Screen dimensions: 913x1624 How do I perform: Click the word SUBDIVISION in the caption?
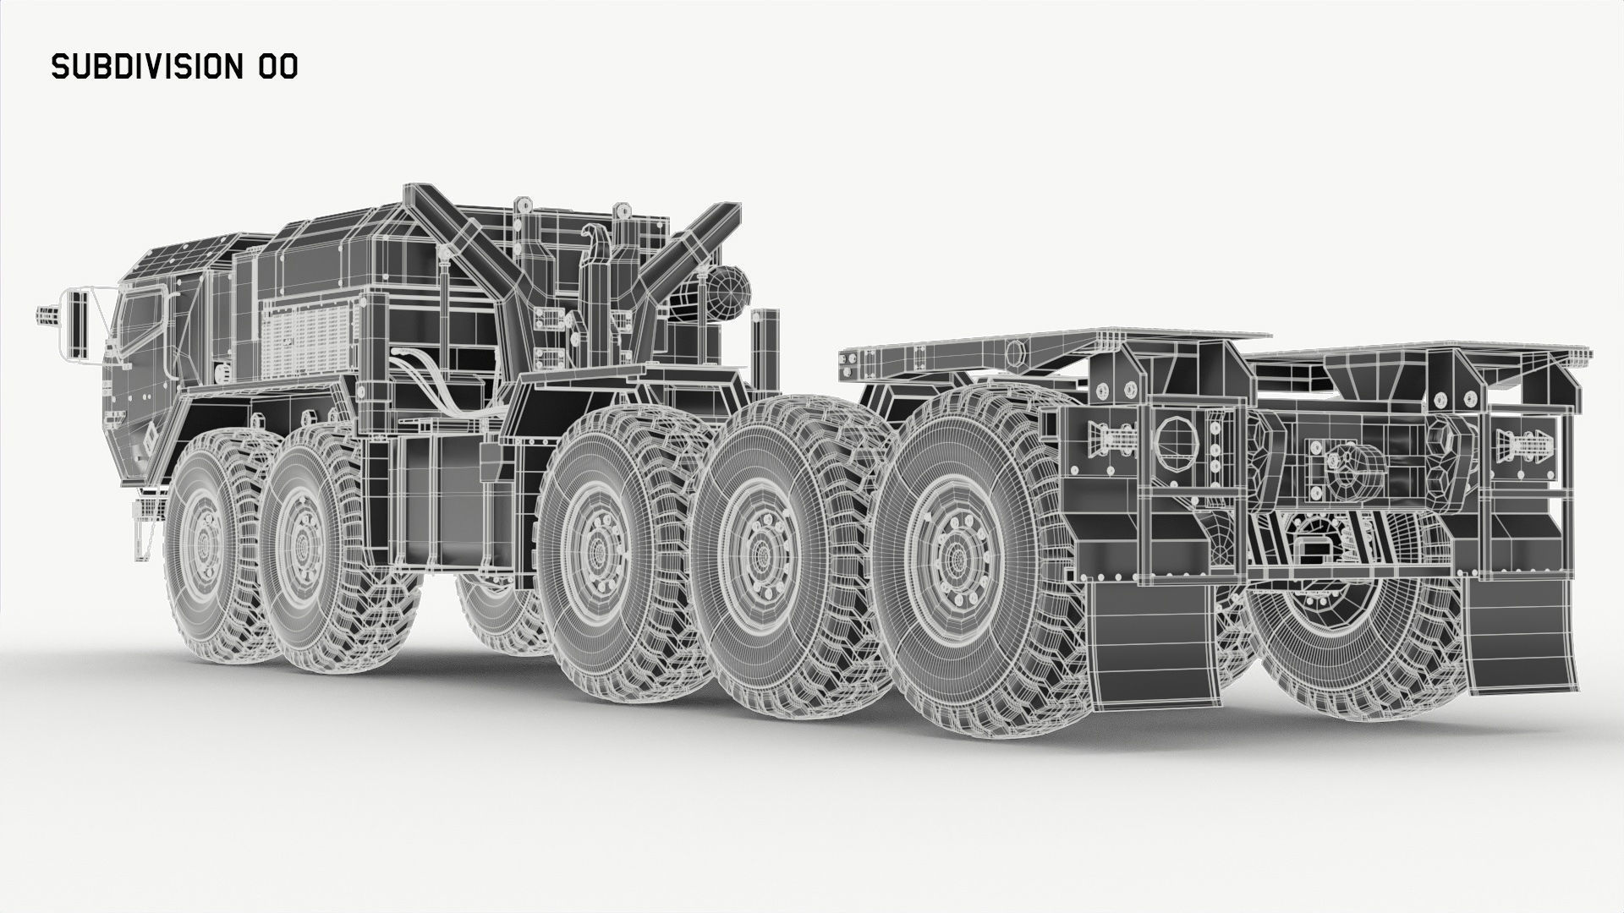click(147, 68)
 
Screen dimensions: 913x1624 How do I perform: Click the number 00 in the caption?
click(276, 68)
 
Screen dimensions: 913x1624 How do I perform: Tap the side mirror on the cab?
click(78, 322)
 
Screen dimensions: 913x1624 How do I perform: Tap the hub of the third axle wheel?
click(599, 550)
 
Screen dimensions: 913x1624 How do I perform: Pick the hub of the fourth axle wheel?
click(760, 554)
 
